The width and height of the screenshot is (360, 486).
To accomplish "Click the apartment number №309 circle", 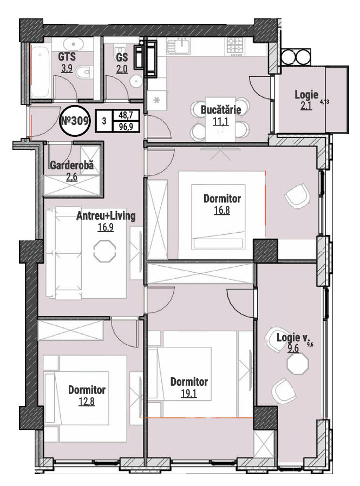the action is point(75,121).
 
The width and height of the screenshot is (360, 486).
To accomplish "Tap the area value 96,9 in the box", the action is point(126,127).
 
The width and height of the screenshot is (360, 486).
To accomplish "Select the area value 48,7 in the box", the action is point(126,115).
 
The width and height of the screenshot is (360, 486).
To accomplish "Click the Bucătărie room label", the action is point(221,109).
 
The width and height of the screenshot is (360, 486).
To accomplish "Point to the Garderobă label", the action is point(71,165).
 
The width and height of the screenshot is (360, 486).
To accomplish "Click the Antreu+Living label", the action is point(106,216).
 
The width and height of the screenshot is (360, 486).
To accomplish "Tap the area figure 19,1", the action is point(189,393).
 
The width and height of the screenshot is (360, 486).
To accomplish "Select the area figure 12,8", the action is point(87,402).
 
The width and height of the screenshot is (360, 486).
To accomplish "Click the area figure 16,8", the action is point(222,211).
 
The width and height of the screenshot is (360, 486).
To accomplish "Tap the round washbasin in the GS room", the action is point(136,81).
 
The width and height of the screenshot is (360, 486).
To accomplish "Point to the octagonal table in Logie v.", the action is point(298,364).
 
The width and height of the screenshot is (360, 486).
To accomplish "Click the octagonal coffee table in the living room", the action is point(104,251).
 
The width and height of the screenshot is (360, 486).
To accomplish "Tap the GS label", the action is point(122,57).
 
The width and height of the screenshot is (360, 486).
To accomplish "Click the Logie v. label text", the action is point(293,338).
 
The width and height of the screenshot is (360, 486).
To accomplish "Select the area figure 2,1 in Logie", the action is point(306,106).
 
